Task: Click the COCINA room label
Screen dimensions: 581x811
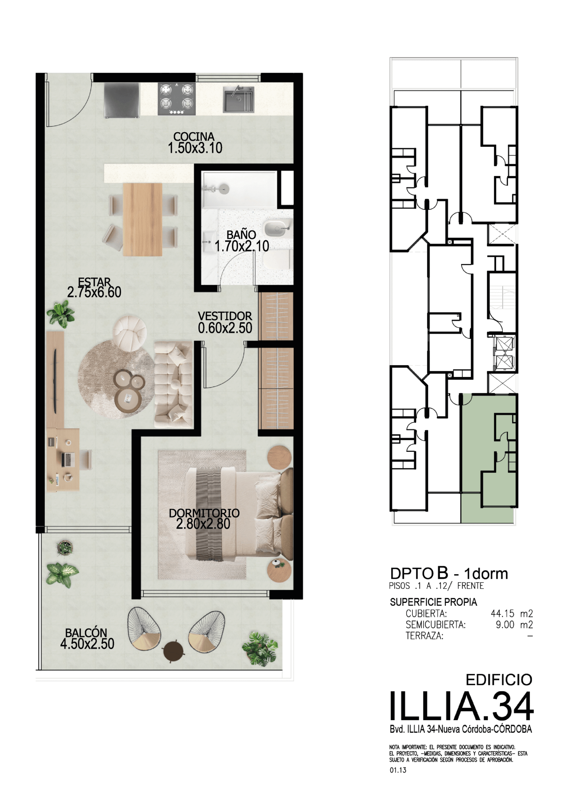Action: click(x=194, y=136)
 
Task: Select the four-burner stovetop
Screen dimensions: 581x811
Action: click(x=177, y=99)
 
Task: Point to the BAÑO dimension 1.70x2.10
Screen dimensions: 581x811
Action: click(x=242, y=246)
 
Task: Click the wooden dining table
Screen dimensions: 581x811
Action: click(x=142, y=219)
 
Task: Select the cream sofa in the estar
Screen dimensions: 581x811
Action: click(x=173, y=384)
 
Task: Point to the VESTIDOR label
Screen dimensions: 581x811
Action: click(x=225, y=316)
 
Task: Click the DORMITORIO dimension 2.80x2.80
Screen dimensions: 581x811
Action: click(x=203, y=524)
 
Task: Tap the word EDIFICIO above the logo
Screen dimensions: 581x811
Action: click(x=499, y=680)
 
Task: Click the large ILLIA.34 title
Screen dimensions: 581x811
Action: click(x=462, y=706)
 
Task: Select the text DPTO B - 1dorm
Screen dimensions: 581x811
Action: click(x=449, y=574)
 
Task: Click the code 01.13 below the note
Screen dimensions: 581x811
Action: click(x=398, y=770)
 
